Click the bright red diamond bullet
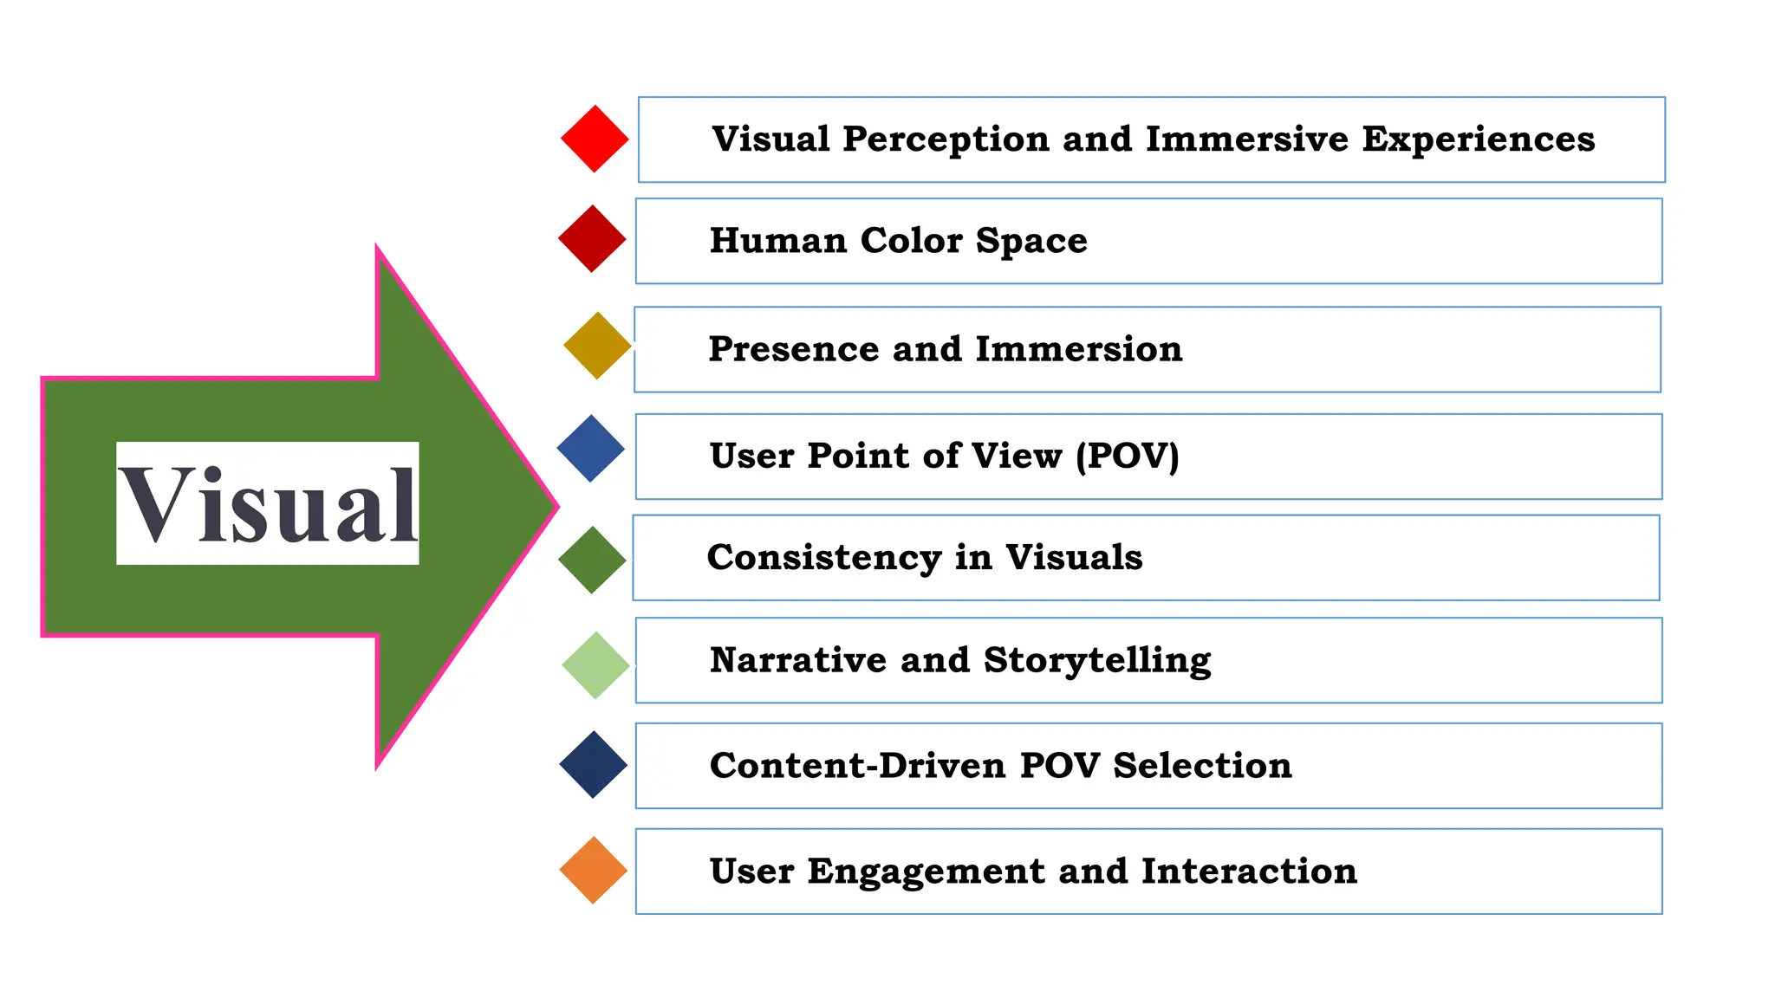(x=595, y=139)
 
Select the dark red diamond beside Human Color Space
(x=592, y=239)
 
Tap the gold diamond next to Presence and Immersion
(x=597, y=346)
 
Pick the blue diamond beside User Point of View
(x=591, y=449)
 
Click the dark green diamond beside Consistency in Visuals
(x=592, y=560)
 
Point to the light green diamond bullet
(x=595, y=665)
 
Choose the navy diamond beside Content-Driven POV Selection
(x=594, y=765)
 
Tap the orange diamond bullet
(x=594, y=871)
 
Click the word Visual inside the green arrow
(x=268, y=504)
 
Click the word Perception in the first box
(x=946, y=139)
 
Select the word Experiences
(x=1478, y=139)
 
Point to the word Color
(x=911, y=241)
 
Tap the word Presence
(x=793, y=349)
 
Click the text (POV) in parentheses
(x=1127, y=456)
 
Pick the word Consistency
(x=824, y=558)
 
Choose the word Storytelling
(x=1097, y=661)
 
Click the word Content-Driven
(x=857, y=766)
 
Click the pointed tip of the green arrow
(x=555, y=507)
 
